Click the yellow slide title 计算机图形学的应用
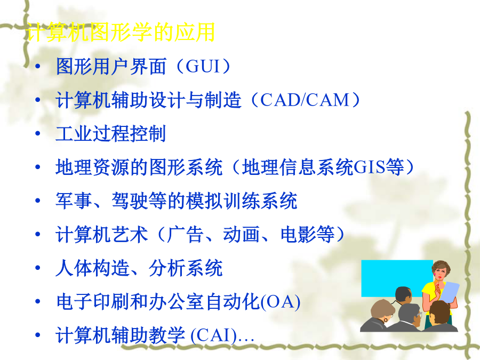pyautogui.click(x=120, y=32)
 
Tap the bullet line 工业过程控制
pyautogui.click(x=110, y=133)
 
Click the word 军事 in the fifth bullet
pyautogui.click(x=74, y=201)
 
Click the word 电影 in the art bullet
pyautogui.click(x=298, y=235)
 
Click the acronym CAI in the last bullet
pyautogui.click(x=214, y=335)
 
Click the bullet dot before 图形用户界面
pyautogui.click(x=38, y=66)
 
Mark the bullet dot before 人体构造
pyautogui.click(x=38, y=268)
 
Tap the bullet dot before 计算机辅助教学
pyautogui.click(x=38, y=335)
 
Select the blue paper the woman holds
pyautogui.click(x=449, y=292)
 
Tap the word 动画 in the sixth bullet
pyautogui.click(x=242, y=235)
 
